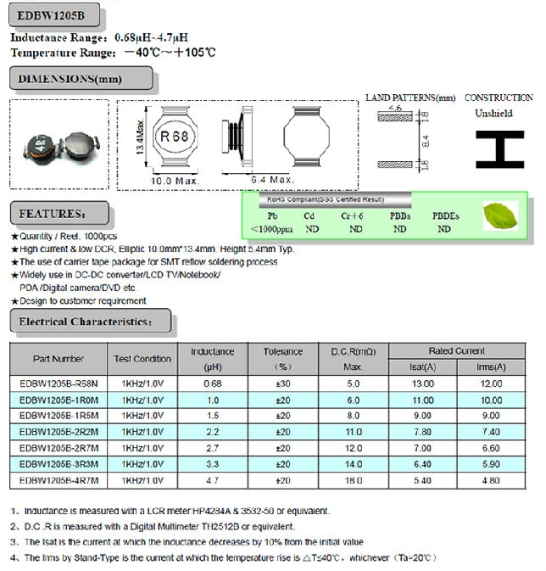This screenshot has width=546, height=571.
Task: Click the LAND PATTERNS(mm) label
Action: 410,98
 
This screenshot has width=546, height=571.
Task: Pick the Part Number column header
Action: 58,359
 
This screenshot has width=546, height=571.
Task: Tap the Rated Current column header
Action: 456,350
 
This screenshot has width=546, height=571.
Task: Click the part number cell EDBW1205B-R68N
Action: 58,383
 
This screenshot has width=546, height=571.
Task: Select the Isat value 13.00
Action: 422,383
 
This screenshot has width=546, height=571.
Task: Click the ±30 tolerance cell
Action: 283,383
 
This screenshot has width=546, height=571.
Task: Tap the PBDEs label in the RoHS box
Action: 445,216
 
